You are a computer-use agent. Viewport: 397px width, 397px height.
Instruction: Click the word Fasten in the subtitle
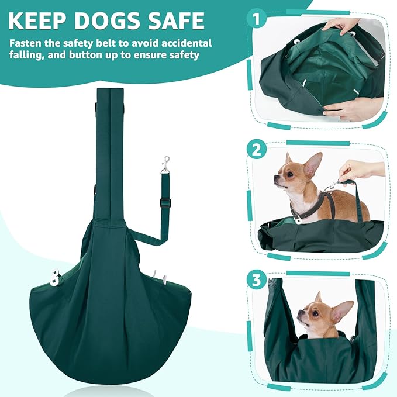(x=25, y=43)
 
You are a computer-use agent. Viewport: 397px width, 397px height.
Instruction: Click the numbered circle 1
(x=257, y=19)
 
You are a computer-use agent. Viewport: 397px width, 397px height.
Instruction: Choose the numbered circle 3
(x=257, y=280)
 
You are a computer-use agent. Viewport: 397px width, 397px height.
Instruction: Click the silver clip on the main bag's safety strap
(x=165, y=165)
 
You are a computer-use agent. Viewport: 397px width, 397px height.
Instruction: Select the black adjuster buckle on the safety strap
(x=165, y=203)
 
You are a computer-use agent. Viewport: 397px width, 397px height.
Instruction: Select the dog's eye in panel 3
(x=315, y=313)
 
